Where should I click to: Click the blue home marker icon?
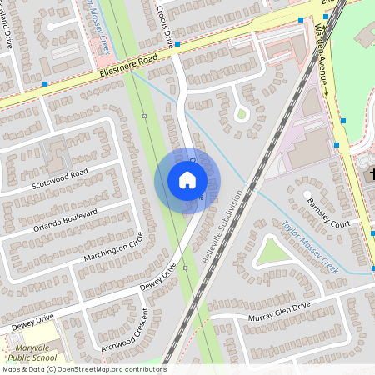[187, 180]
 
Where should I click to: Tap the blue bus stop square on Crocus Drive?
[177, 43]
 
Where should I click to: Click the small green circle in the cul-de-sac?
[241, 113]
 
